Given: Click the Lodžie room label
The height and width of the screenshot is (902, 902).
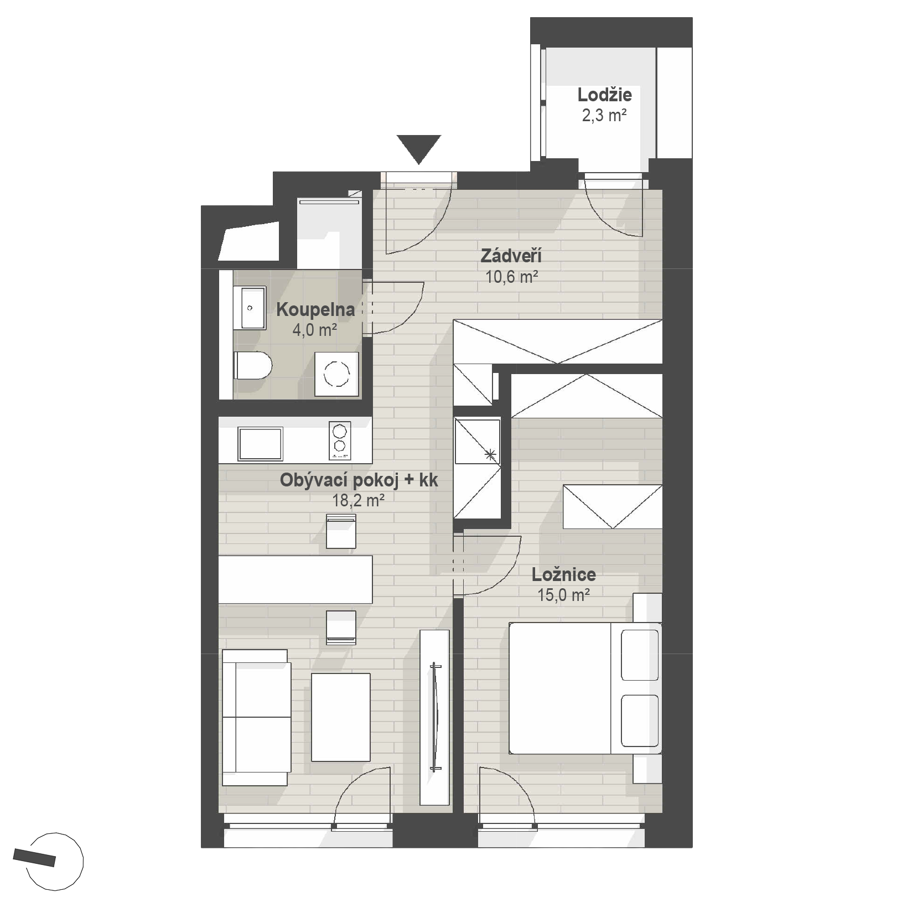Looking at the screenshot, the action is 604,95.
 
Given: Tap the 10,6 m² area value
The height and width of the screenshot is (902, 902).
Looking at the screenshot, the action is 512,277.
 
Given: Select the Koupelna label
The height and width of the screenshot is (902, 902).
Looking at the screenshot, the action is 315,309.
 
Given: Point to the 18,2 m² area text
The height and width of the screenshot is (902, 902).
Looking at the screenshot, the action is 358,501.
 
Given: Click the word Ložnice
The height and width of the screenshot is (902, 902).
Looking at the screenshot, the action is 564,574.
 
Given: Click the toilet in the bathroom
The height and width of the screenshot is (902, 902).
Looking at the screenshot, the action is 252,366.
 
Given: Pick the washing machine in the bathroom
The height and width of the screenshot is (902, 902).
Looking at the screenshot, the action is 336,374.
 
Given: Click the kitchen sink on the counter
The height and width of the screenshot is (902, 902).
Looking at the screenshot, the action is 260,444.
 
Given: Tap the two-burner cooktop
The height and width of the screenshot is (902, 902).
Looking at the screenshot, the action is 340,440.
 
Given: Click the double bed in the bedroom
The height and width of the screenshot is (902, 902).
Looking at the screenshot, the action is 585,688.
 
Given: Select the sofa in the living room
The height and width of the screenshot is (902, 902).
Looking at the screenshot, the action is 256,717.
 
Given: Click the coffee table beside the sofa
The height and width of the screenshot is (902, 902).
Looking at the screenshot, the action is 340,717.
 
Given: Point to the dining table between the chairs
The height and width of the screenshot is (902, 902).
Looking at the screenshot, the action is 296,579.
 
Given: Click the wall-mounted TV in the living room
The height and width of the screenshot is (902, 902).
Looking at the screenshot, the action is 436,717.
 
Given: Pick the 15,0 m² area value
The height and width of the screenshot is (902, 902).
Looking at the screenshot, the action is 563,595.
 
